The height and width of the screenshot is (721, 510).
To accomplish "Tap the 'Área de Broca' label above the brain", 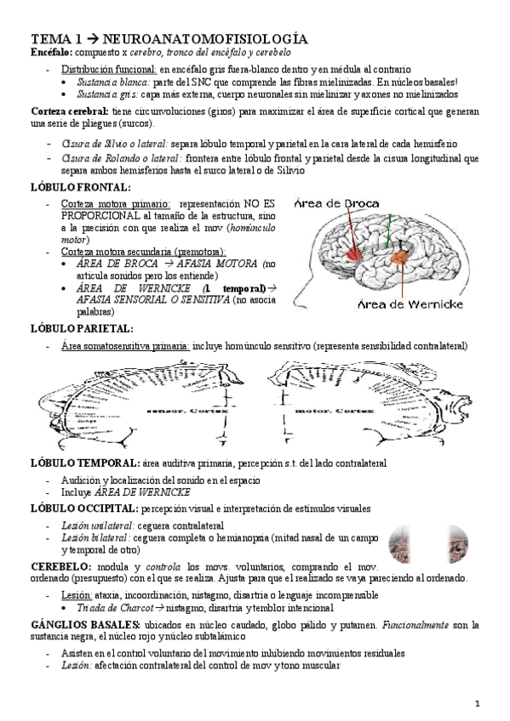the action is coord(333,203).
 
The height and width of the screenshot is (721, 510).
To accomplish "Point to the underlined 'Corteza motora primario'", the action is coord(116,205).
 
